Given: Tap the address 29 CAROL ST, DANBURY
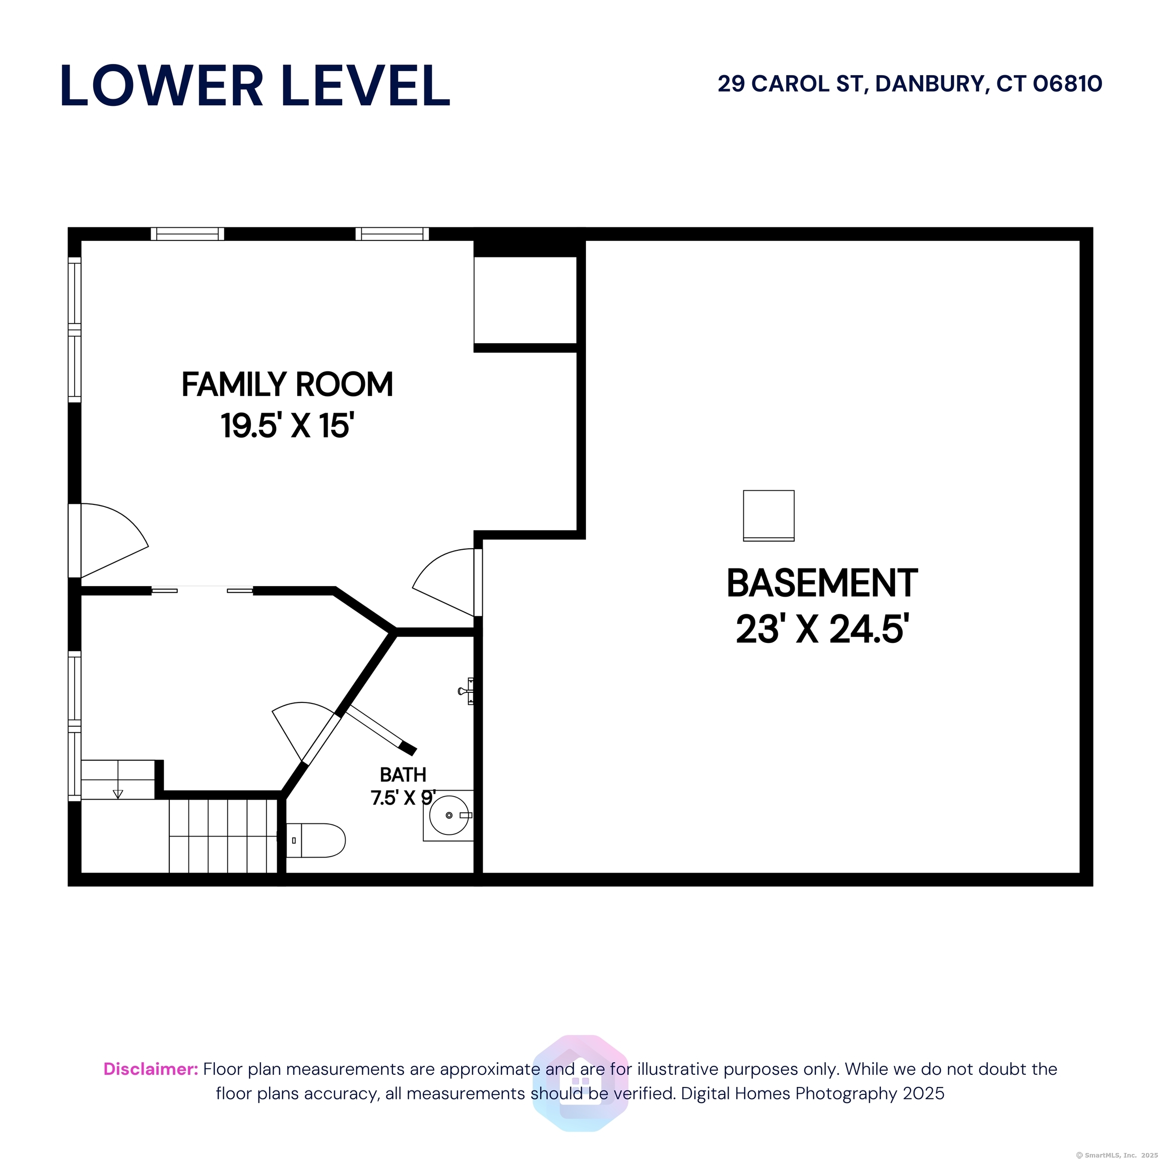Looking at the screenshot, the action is coord(853,84).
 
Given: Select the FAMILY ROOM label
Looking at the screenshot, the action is coord(287,384).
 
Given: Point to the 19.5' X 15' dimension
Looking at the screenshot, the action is coord(287,425).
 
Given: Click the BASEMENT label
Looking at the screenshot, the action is coord(822,583).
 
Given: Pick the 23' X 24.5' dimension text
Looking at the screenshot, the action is coord(822,629).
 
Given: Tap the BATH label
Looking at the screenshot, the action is coord(403,775).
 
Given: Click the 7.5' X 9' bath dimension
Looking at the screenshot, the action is coord(403,798).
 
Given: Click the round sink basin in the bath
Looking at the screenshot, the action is coord(449,815).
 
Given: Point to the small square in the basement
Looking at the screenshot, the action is coord(768,515).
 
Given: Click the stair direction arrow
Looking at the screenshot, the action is coord(118,794).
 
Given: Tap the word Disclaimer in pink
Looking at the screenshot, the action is coord(151,1069).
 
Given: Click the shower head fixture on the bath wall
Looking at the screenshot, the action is coord(466,690).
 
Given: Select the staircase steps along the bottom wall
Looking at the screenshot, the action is coord(223,836).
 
